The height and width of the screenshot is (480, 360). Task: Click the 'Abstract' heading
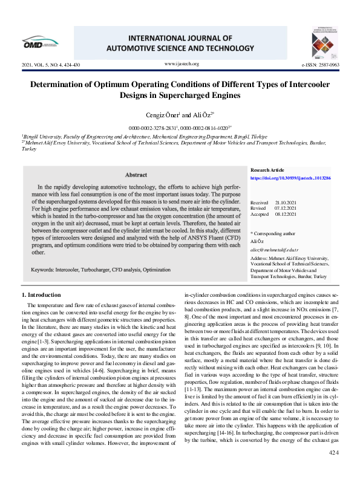pos(136,175)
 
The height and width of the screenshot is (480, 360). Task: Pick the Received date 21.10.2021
pos(284,203)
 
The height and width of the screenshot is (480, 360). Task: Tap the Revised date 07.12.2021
pos(284,208)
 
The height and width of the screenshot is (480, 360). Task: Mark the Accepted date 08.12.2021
pos(284,213)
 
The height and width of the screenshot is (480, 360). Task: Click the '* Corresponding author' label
pos(273,233)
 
